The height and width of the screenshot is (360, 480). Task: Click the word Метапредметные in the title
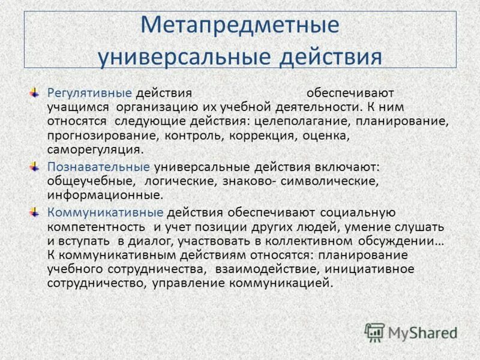[x=239, y=26]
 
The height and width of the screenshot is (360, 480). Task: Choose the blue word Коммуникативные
[x=105, y=212]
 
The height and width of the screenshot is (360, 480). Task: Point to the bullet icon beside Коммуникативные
[x=35, y=212]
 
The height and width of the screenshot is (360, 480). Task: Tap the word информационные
[x=104, y=196]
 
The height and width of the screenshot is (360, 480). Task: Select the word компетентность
[x=97, y=227]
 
